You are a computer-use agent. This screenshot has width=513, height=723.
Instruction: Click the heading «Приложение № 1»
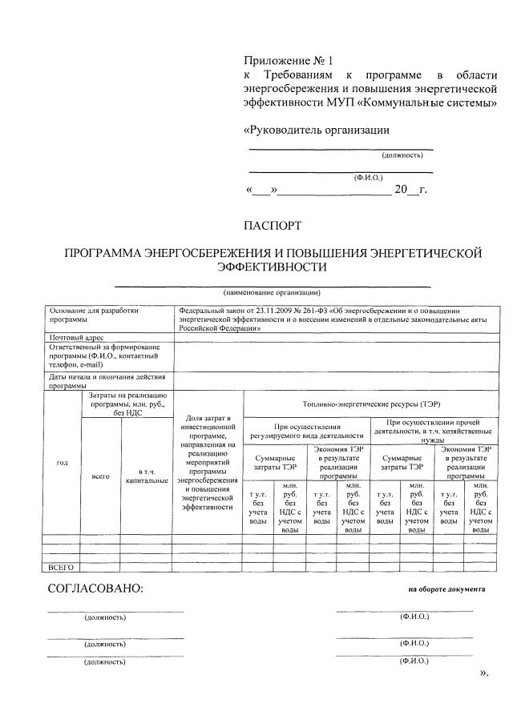coord(287,60)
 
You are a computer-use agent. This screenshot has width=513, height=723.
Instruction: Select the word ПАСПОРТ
coord(273,227)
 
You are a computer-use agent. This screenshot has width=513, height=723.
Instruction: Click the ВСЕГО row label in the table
coord(62,567)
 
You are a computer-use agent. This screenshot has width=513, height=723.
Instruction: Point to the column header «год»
coord(62,463)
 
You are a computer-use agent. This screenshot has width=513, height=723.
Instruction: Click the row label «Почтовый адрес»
coord(77,339)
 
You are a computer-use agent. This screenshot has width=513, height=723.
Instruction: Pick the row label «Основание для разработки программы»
coord(88,315)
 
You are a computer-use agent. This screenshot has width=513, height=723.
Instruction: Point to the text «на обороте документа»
coord(446,588)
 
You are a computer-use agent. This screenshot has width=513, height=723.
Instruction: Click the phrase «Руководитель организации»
coord(316,130)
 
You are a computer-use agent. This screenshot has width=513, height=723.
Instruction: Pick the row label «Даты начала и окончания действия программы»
coord(107,380)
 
